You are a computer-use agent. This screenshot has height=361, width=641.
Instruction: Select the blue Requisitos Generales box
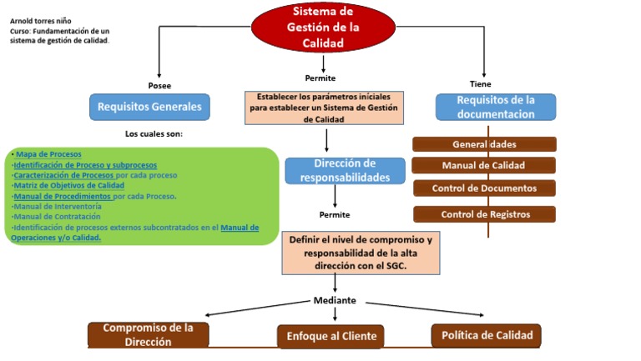(x=149, y=107)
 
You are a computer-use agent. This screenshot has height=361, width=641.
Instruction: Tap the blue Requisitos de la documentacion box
(x=495, y=107)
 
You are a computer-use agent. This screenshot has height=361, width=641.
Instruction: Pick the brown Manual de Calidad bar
(x=483, y=165)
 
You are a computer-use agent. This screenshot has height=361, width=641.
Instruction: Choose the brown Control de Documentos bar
(x=483, y=188)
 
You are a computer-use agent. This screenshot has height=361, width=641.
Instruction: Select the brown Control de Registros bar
(x=485, y=214)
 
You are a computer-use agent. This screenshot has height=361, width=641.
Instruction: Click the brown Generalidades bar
(x=483, y=144)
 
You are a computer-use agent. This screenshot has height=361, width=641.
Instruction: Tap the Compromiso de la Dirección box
(x=149, y=334)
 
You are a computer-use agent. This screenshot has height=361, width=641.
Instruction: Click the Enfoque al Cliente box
(x=331, y=336)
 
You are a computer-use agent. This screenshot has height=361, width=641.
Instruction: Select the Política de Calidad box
(x=487, y=335)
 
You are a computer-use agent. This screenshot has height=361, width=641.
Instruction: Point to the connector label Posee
(x=159, y=86)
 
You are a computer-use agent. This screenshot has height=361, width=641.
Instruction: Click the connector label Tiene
(x=481, y=84)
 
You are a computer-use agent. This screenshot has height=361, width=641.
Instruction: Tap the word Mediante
(x=335, y=300)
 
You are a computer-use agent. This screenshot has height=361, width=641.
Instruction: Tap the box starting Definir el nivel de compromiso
(x=360, y=253)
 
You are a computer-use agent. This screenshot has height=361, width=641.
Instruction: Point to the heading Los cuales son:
(x=154, y=133)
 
